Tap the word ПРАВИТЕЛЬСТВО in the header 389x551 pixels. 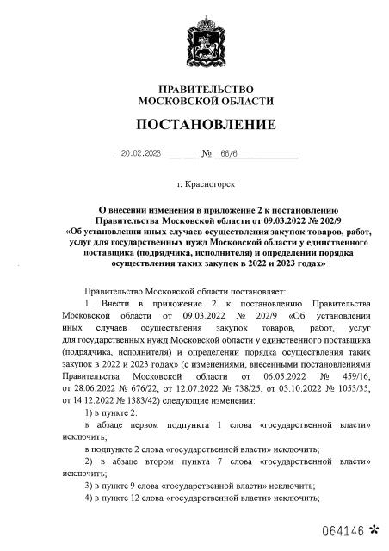pos(194,90)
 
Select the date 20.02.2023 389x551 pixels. pos(142,154)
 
